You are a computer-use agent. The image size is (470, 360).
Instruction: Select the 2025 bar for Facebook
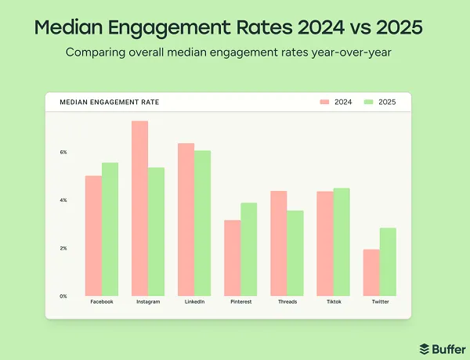tap(110, 229)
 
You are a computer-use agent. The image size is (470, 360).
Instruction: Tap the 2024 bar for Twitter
tap(371, 272)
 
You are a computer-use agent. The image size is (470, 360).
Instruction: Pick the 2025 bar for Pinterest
tap(248, 249)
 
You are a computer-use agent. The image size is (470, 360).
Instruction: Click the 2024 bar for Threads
tap(278, 243)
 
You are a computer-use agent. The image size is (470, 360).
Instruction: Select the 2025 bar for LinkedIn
tap(202, 223)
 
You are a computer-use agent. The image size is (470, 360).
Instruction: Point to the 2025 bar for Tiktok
tap(341, 242)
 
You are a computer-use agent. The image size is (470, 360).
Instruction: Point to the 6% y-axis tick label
tap(63, 152)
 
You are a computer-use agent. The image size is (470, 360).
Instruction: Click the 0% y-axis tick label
tap(63, 296)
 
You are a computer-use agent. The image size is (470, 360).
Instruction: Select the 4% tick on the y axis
tap(63, 200)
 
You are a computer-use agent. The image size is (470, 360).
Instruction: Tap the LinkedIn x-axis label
tap(193, 302)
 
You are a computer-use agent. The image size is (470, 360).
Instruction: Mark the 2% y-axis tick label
tap(63, 248)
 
